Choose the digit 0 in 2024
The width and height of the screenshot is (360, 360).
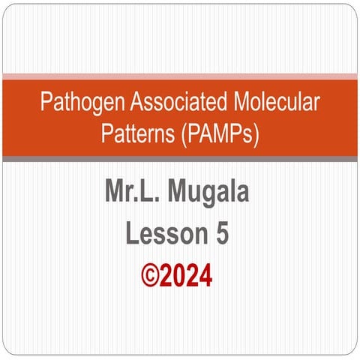(183, 275)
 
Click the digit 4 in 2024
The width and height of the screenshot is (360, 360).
(206, 275)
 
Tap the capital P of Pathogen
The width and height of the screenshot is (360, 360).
(46, 101)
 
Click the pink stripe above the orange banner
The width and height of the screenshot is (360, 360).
(180, 76)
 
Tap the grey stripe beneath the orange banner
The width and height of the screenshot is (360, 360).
(180, 158)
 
